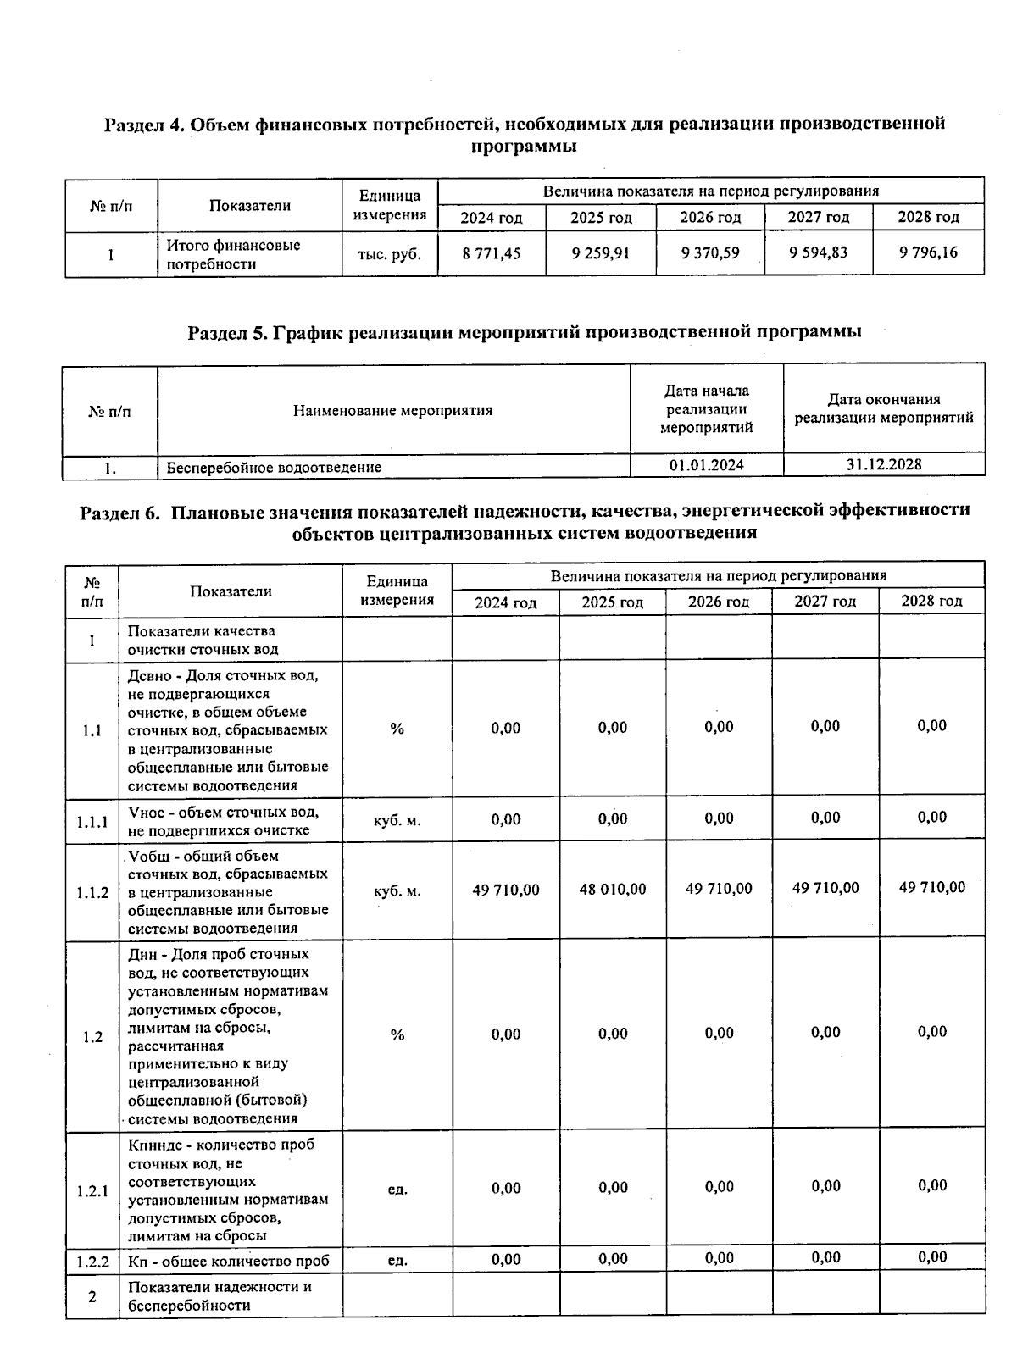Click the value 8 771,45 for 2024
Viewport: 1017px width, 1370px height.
coord(492,253)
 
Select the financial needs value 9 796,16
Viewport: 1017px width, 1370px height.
coord(928,252)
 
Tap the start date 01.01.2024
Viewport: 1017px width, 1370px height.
coord(706,465)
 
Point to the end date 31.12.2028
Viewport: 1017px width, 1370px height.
coord(884,464)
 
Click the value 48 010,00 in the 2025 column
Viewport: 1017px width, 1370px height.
coord(612,890)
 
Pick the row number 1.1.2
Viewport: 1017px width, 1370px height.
coord(92,892)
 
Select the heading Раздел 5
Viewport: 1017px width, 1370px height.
coord(524,332)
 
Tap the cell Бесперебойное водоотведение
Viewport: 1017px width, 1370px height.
coord(274,467)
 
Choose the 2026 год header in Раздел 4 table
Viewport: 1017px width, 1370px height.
coord(710,218)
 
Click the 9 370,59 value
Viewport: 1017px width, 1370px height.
coord(710,252)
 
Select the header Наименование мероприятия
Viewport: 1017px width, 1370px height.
coord(392,411)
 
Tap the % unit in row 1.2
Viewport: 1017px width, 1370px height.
coord(397,1035)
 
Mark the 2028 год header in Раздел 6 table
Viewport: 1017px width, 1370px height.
coord(931,601)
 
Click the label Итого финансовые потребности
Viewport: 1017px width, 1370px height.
coord(233,254)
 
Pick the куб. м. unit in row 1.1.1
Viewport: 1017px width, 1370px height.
coord(397,820)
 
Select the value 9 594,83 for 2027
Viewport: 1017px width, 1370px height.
coord(818,252)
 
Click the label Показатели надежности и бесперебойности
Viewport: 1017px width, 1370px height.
coord(220,1296)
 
